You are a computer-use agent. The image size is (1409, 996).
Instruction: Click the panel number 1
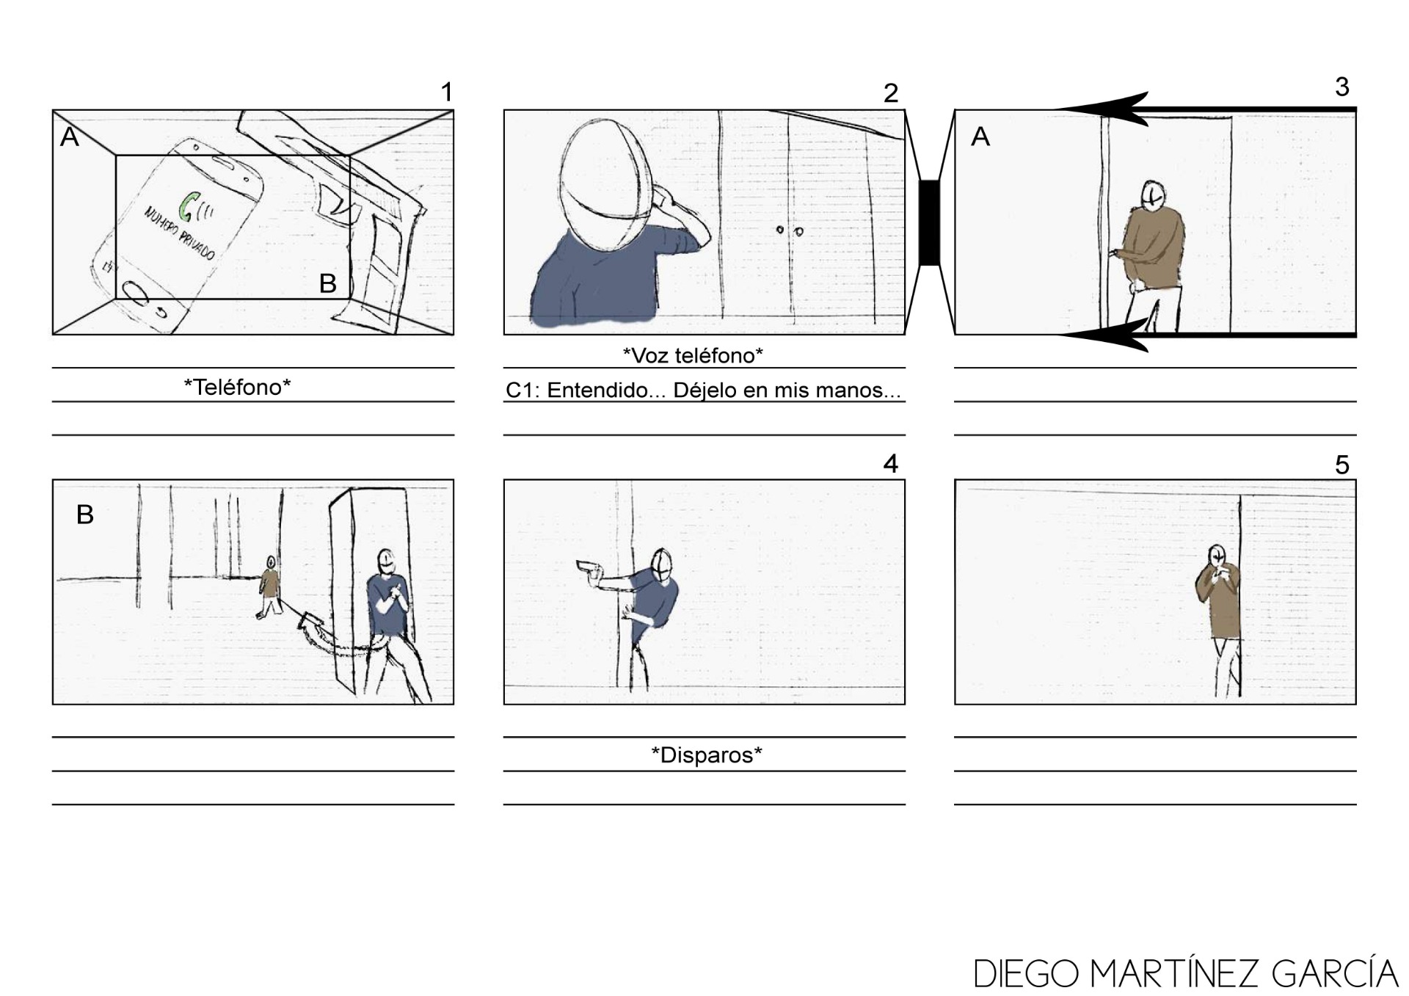point(446,92)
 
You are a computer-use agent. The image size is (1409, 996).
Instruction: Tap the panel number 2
point(890,93)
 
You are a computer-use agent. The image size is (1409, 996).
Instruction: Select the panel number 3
point(1341,87)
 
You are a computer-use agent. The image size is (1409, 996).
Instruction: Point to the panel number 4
point(890,463)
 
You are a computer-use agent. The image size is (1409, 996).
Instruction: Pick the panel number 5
point(1341,465)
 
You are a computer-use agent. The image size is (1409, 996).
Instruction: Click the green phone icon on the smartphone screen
point(192,206)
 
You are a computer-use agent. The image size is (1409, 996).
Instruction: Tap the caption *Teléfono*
point(237,387)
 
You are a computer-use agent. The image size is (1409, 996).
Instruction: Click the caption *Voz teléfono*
point(693,355)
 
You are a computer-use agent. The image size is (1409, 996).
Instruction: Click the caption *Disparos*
point(707,755)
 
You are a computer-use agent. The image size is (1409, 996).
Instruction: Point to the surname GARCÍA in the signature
point(1335,974)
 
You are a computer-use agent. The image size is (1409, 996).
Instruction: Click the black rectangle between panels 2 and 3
point(929,222)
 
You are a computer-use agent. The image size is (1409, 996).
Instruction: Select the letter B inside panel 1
point(327,283)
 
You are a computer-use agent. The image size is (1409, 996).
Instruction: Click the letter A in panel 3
point(980,137)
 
